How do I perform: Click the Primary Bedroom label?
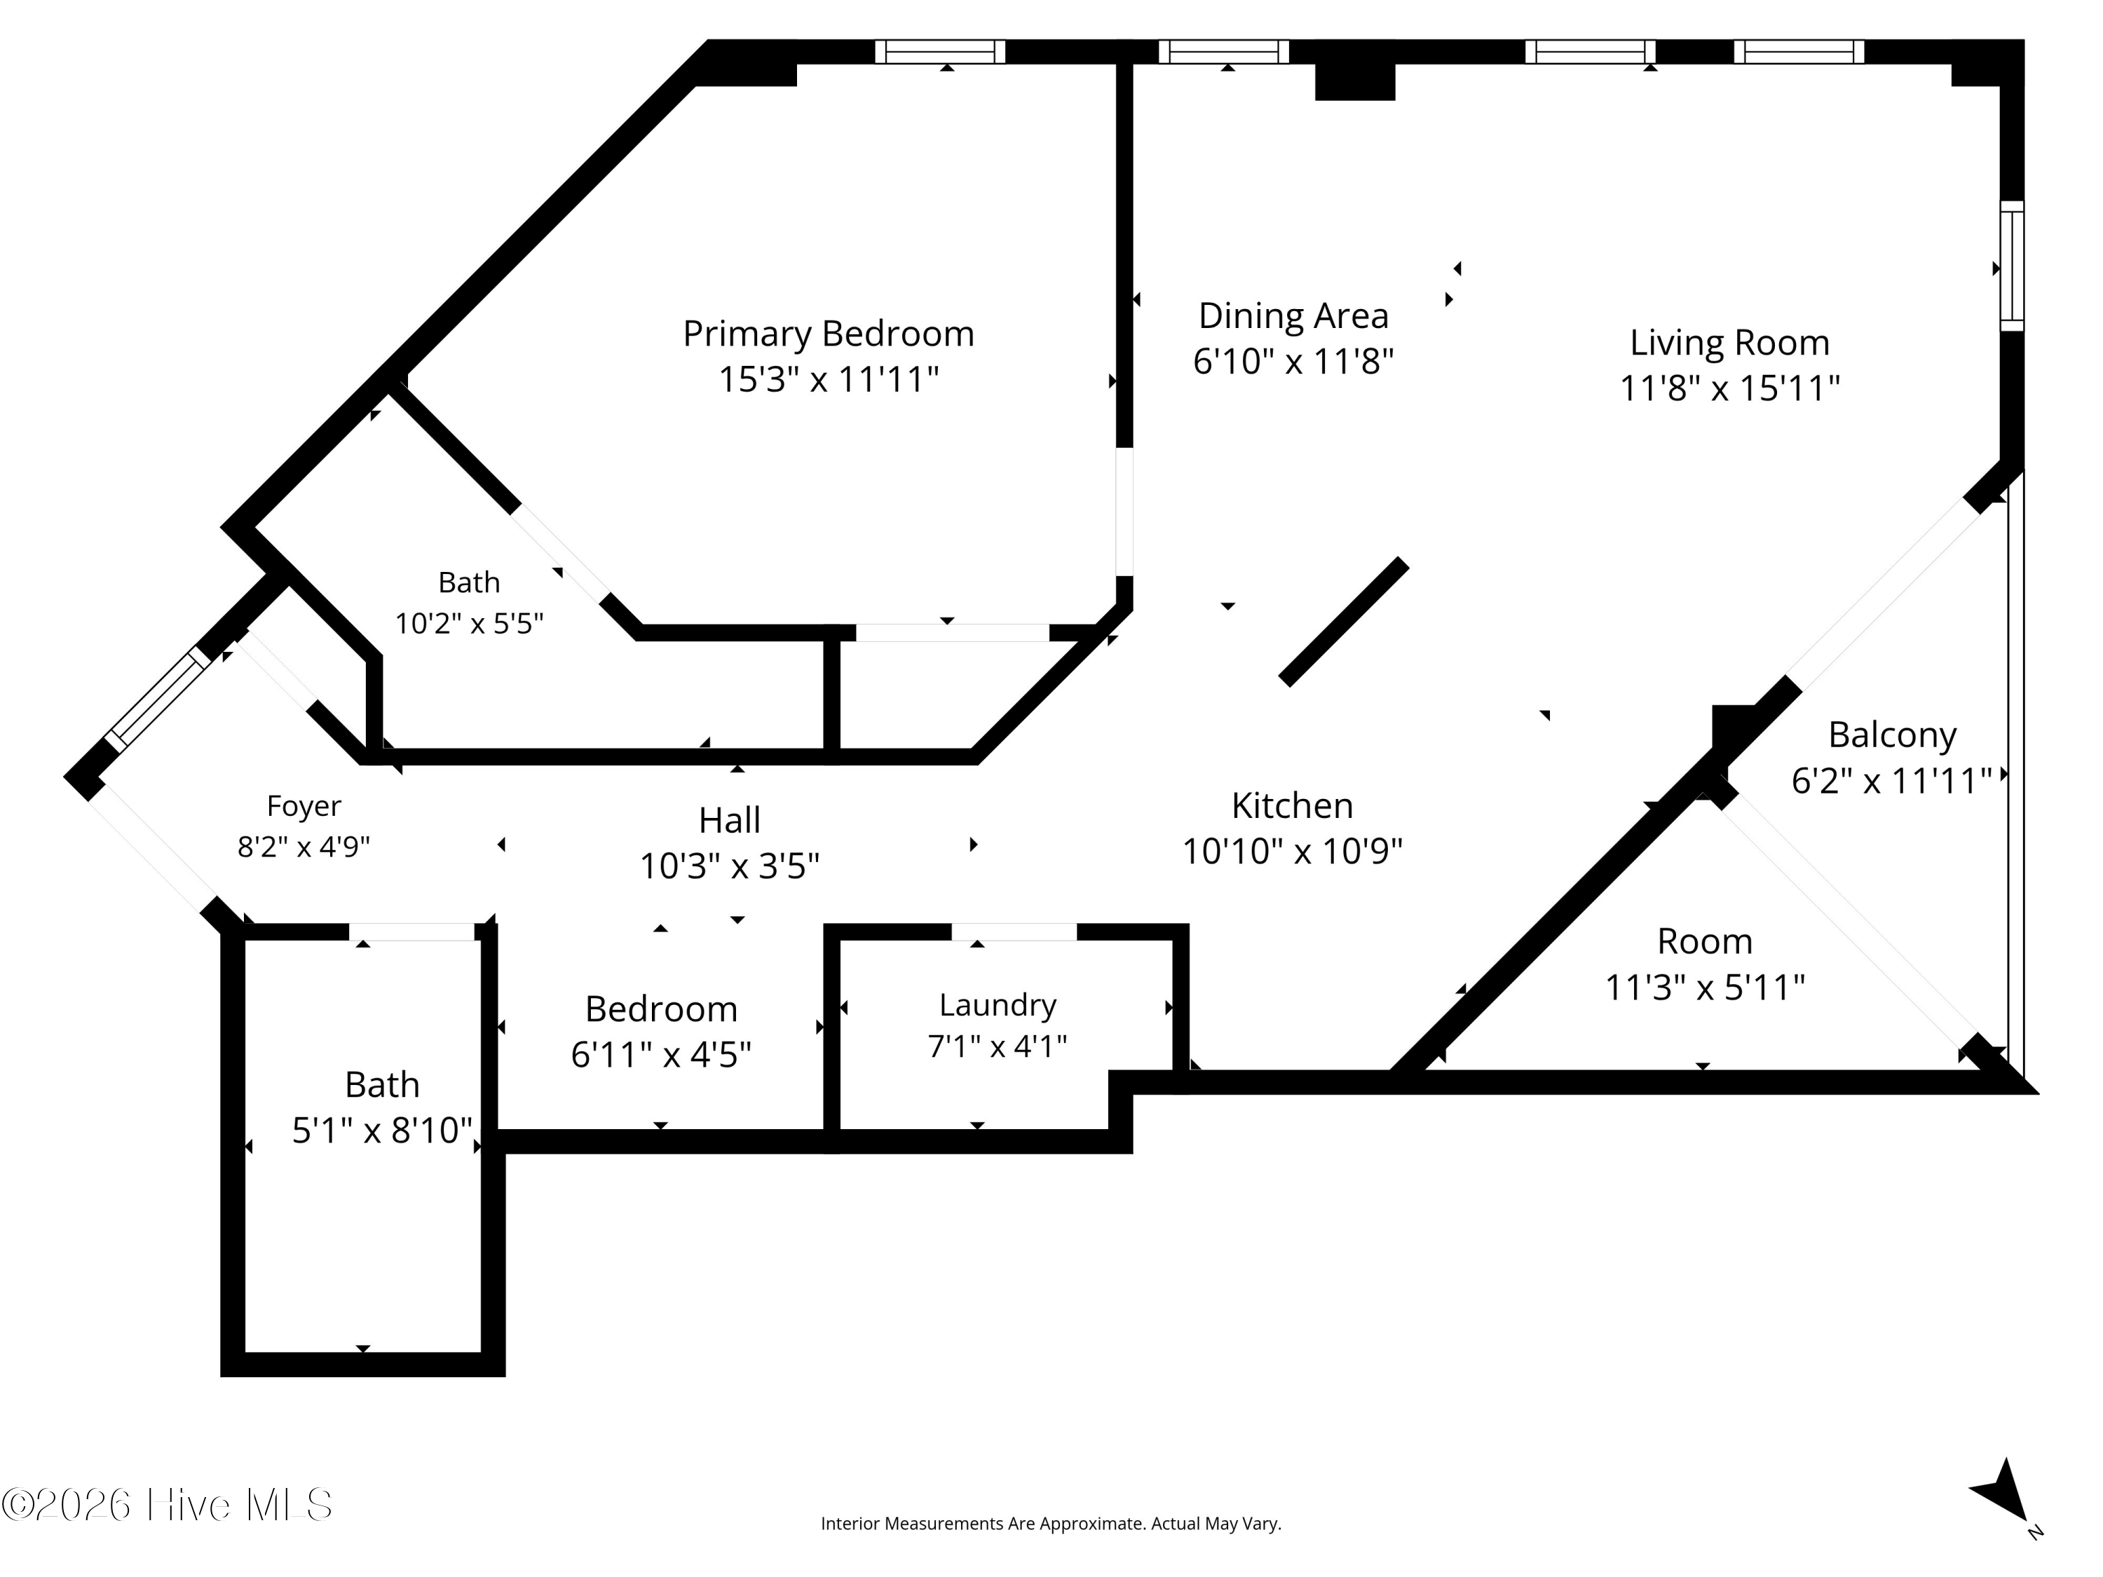pos(828,334)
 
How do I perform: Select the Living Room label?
pos(1729,342)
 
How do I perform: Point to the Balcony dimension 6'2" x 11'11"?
pos(1892,780)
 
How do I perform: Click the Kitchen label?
pos(1292,805)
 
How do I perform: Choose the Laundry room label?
pos(998,1005)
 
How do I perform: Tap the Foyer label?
pos(304,806)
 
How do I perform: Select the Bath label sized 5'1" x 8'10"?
pos(381,1084)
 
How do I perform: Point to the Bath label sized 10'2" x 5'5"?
pos(469,582)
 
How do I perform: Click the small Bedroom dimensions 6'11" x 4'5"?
pos(661,1054)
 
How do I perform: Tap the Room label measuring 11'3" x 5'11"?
pos(1705,941)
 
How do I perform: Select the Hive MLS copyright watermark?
pos(168,1505)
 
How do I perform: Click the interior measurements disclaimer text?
pos(1051,1524)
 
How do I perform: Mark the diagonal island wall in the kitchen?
pos(1343,622)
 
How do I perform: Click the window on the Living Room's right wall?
pos(2012,266)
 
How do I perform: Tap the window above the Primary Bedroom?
pos(940,51)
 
